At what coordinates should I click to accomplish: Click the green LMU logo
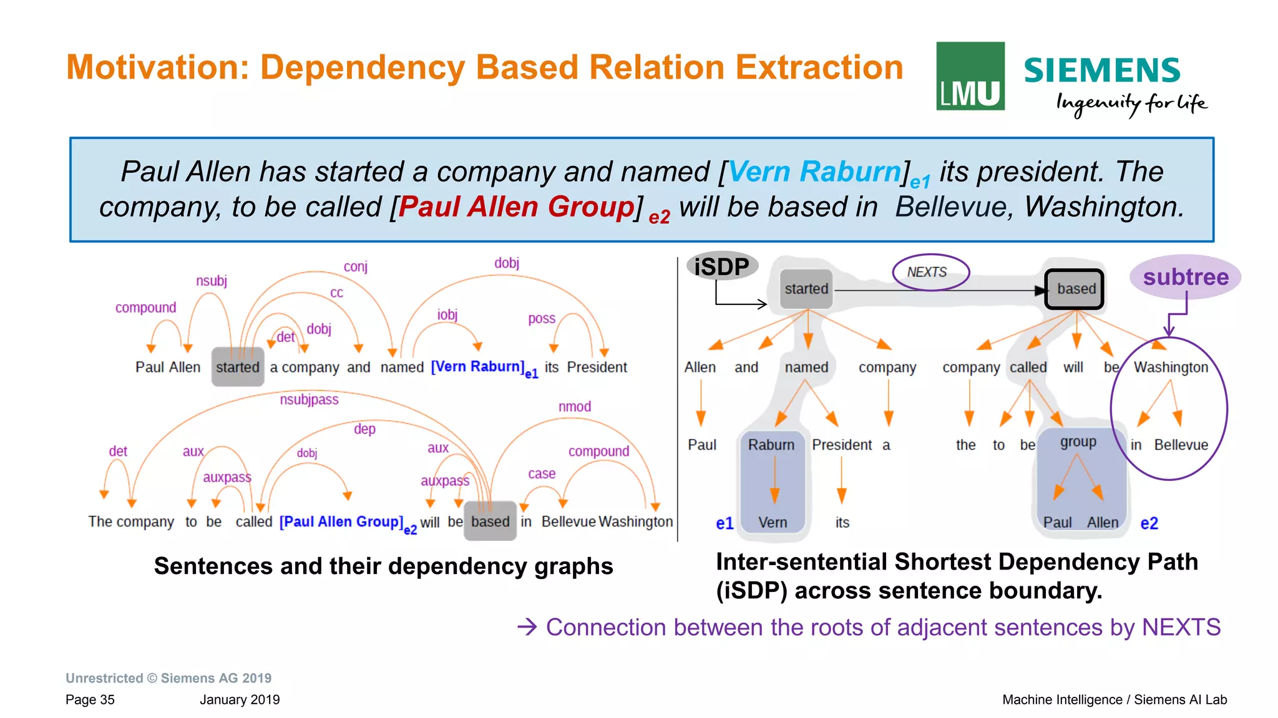tap(970, 76)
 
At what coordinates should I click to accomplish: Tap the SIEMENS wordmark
tap(1102, 70)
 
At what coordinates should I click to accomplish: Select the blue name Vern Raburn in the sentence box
tap(814, 172)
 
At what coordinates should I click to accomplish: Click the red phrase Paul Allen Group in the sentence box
tap(516, 207)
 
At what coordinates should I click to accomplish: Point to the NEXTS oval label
tap(930, 272)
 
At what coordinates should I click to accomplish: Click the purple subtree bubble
tap(1185, 277)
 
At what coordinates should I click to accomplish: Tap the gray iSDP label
tap(722, 266)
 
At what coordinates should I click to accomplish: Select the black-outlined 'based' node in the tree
tap(1075, 289)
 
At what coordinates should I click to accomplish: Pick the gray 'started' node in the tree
tap(806, 289)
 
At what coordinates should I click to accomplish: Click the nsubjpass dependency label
tap(309, 400)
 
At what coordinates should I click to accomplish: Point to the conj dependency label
tap(356, 267)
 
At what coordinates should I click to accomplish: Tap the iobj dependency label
tap(447, 315)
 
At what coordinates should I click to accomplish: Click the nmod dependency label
tap(574, 407)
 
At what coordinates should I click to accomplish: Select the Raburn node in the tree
tap(771, 445)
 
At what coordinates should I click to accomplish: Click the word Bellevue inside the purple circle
tap(1181, 445)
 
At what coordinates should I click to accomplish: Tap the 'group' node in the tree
tap(1078, 442)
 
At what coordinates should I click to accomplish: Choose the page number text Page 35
tap(90, 699)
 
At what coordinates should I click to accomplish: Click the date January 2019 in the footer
tap(240, 699)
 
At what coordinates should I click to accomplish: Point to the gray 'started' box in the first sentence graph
tap(238, 367)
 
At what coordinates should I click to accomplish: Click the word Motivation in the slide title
tap(158, 67)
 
